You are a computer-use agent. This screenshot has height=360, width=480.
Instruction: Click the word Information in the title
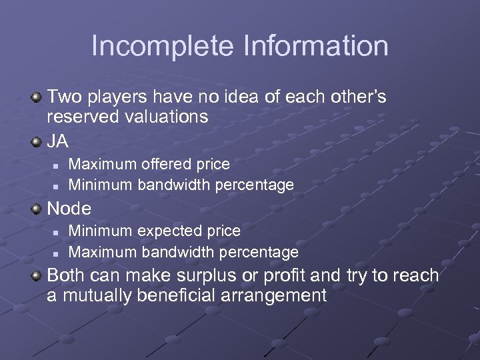(316, 46)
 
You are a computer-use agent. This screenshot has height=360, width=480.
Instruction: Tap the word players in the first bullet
(119, 97)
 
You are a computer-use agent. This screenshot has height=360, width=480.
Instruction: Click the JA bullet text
(58, 141)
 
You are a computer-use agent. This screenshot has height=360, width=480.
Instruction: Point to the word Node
(69, 209)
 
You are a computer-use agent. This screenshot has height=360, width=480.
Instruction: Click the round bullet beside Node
(37, 209)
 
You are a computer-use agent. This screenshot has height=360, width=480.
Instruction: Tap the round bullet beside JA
(37, 141)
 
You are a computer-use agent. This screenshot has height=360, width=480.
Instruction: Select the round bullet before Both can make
(37, 276)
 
